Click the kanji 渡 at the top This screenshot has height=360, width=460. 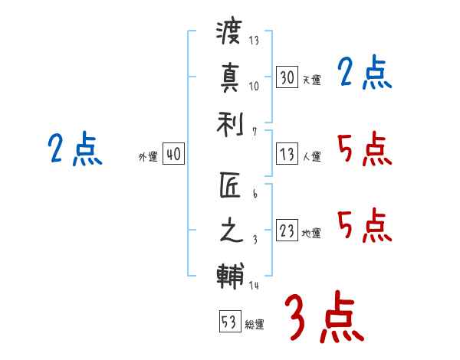point(229,33)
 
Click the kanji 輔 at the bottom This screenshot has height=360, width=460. point(229,274)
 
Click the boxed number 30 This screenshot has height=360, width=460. point(287,77)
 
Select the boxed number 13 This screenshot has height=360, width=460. point(287,155)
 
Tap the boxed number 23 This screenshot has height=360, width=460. point(287,231)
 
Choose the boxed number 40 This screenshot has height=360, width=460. point(173,155)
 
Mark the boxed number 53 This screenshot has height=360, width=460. point(228,322)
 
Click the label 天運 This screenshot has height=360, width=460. point(311,80)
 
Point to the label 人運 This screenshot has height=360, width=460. point(311,157)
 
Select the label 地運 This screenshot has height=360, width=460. point(311,234)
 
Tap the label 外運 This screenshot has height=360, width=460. point(148,157)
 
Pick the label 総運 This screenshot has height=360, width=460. point(254,324)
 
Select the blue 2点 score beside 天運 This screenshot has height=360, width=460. point(365,74)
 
